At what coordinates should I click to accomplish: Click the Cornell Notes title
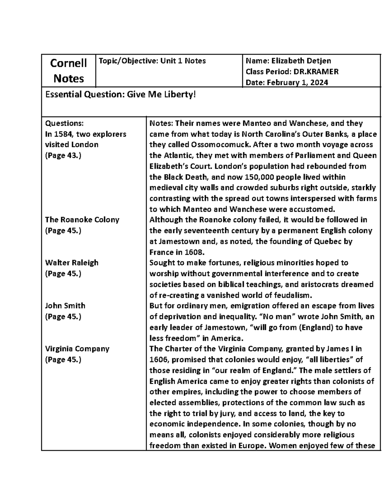point(68,71)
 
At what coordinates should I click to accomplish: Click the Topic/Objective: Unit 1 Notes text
point(152,61)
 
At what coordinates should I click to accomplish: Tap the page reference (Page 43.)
point(63,156)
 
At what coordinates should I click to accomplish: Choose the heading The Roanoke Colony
point(82,220)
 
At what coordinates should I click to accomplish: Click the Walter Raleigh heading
point(72,263)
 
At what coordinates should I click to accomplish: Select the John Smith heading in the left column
point(65,306)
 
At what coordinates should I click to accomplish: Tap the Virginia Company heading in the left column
point(77,349)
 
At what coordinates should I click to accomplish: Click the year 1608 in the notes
point(192,252)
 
